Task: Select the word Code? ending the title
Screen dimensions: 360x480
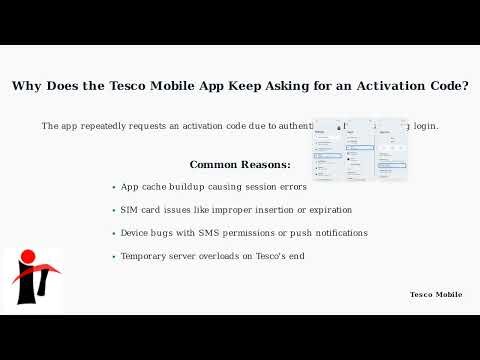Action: click(x=446, y=86)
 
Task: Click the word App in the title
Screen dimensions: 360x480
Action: click(x=209, y=86)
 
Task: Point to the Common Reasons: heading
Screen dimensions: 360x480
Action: click(x=240, y=164)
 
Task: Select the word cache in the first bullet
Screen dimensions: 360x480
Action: click(x=154, y=187)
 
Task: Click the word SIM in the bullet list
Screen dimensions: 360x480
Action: click(x=130, y=210)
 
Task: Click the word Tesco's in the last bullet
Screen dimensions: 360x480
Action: click(x=269, y=256)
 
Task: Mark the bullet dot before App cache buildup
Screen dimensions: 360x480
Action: click(x=114, y=188)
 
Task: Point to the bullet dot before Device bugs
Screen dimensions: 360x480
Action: click(x=114, y=234)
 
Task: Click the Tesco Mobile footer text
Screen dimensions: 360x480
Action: click(x=436, y=294)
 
